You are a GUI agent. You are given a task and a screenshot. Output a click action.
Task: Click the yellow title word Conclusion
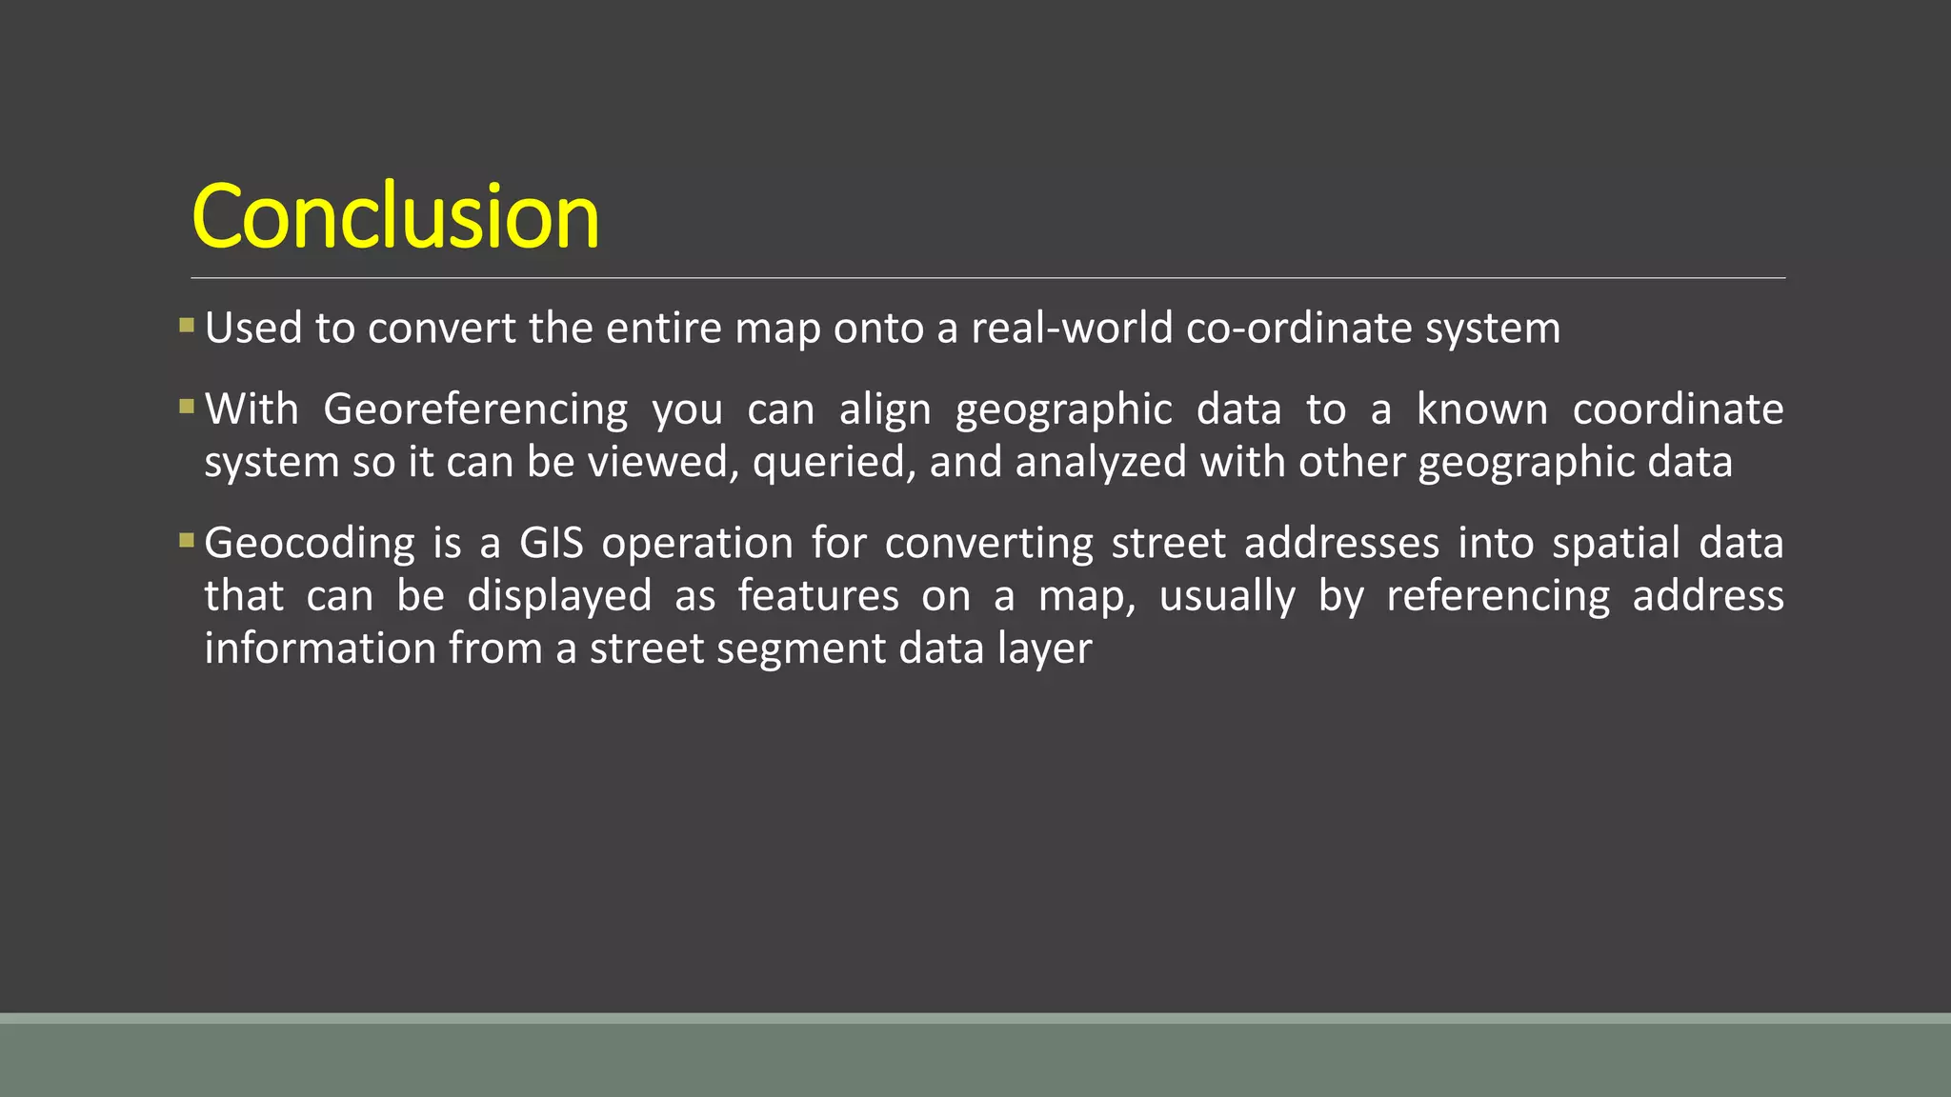coord(395,217)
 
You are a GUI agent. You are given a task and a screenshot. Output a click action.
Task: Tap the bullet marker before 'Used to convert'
coord(187,327)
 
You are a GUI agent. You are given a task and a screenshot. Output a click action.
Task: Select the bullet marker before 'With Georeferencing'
coord(187,408)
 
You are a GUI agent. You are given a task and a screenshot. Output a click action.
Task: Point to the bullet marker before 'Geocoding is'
coord(187,541)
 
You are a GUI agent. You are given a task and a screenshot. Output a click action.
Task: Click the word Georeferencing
coord(475,409)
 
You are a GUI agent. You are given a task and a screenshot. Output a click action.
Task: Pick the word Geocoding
coord(310,544)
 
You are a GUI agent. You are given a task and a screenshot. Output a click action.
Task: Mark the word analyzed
coord(1100,463)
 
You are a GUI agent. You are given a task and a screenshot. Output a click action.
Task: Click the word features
coord(818,596)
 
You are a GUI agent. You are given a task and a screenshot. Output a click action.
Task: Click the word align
coord(884,409)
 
